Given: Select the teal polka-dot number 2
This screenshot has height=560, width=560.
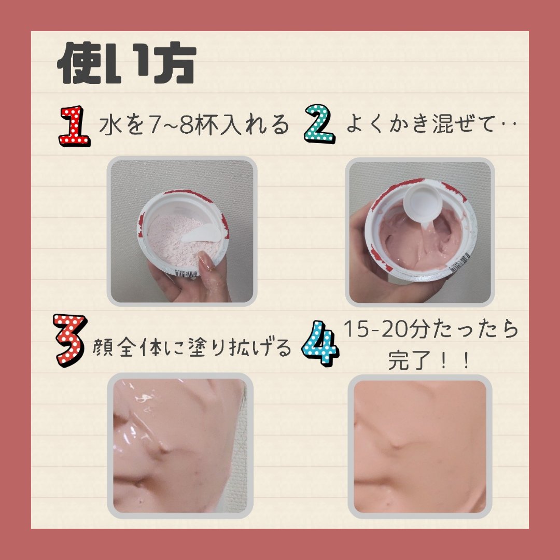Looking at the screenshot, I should tap(318, 123).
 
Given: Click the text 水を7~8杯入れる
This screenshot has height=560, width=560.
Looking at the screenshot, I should tap(193, 125).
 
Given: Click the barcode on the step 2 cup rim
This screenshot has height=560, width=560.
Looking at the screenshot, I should tap(459, 263).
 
